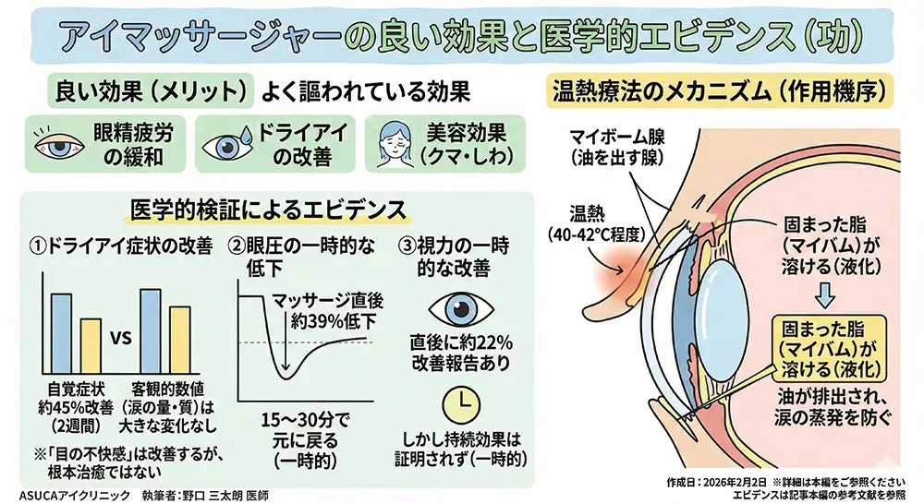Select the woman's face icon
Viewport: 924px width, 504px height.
click(x=394, y=144)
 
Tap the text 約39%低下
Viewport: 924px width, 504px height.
click(x=320, y=323)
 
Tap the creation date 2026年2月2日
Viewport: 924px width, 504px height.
click(x=730, y=482)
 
